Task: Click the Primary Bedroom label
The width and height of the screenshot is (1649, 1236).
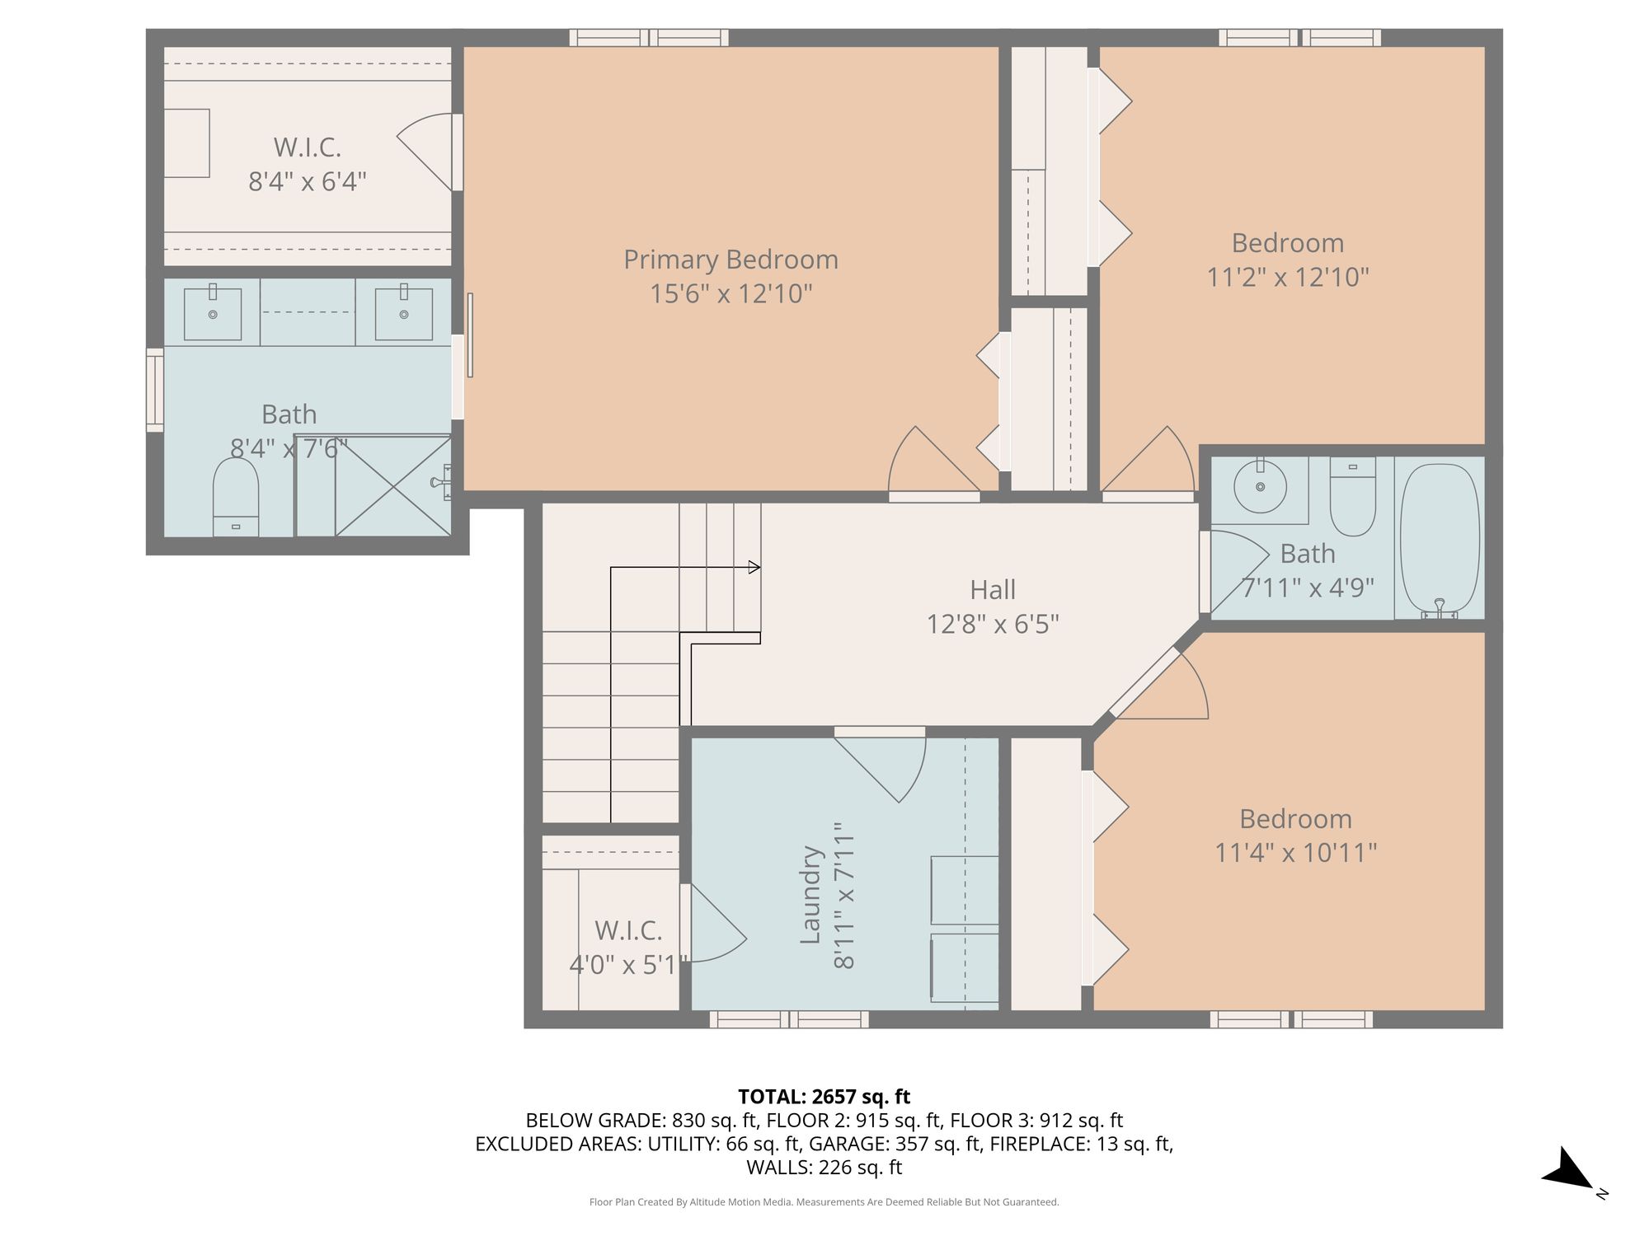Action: pos(731,260)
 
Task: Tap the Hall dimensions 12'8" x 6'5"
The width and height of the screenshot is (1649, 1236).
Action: pos(993,624)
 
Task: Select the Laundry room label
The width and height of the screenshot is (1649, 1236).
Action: pos(811,895)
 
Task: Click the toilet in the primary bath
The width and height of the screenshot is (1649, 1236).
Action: pos(236,498)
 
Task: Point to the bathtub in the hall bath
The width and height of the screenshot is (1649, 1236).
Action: pos(1440,541)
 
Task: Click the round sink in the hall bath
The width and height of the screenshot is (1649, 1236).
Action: pos(1260,486)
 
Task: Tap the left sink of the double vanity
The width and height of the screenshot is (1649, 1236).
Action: pos(213,314)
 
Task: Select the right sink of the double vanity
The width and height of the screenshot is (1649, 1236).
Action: pos(404,314)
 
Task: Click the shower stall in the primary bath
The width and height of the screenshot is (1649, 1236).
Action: pos(373,485)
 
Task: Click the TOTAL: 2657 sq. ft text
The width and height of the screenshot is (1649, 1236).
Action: pos(824,1097)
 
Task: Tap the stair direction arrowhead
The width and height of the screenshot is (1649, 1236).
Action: pos(754,567)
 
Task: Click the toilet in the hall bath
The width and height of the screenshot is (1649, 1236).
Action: pos(1353,496)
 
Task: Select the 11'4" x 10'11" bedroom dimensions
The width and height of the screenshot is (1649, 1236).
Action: pos(1296,852)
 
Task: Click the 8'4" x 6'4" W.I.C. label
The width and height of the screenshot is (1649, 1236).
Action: pos(308,164)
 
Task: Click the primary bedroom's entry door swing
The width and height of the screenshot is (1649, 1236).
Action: pos(933,461)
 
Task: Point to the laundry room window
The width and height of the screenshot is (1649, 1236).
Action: pos(789,1019)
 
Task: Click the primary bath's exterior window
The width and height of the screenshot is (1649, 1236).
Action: pos(155,390)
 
